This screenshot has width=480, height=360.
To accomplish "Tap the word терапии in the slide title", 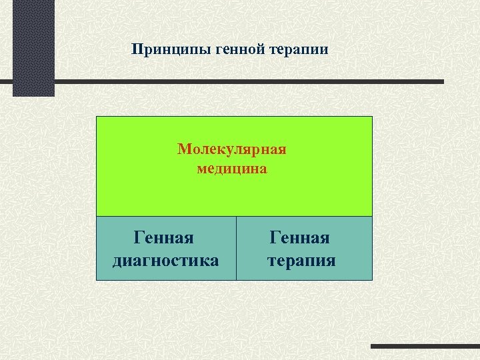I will (x=298, y=50).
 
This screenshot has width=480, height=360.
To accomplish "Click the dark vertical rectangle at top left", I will (x=33, y=47).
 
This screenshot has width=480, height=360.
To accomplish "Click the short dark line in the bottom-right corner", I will (x=425, y=347).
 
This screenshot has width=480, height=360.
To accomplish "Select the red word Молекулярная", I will (x=232, y=148).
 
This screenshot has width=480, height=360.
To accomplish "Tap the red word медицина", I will (x=232, y=169).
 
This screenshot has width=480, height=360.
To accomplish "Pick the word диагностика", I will (x=165, y=259).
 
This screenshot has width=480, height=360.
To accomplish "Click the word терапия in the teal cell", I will (x=301, y=259).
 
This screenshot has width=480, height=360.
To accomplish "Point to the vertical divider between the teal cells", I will (x=236, y=248).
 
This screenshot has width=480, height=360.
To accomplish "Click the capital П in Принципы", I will (x=136, y=50).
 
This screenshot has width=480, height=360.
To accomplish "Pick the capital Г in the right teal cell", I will (x=275, y=237).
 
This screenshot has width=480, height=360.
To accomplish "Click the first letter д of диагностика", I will (x=117, y=260).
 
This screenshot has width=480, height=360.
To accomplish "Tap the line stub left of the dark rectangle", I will (x=6, y=81).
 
